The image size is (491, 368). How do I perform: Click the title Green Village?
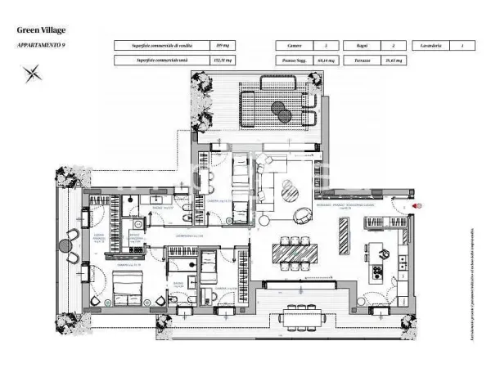point(41,30)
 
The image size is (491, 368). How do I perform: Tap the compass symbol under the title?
point(34,74)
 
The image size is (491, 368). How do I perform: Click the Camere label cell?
point(295,46)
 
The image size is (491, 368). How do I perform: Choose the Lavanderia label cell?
point(431,46)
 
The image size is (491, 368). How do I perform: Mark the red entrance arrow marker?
point(417,206)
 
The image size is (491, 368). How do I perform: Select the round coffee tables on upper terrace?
point(277,108)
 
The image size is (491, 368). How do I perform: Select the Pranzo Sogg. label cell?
point(295,61)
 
